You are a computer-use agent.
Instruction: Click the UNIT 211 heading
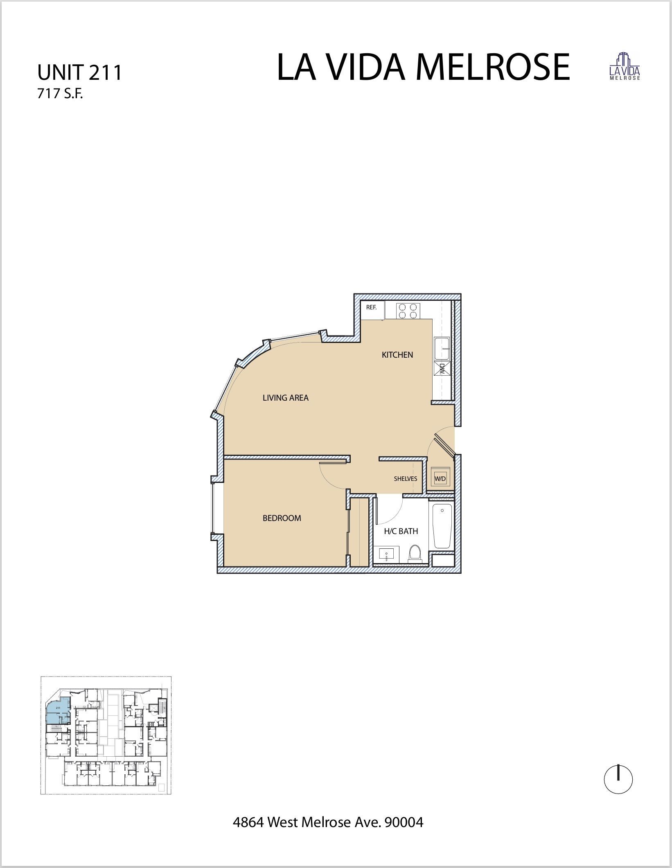click(x=80, y=73)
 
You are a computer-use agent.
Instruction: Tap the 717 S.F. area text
click(x=60, y=94)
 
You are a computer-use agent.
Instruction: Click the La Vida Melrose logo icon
click(x=625, y=66)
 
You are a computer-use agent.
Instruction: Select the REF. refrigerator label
click(x=371, y=307)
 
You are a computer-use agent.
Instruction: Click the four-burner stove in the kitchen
click(x=408, y=310)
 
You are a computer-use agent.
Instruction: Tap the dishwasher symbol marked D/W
click(x=442, y=369)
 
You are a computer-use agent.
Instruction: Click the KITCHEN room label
click(x=397, y=355)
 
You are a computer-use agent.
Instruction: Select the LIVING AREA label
click(x=286, y=398)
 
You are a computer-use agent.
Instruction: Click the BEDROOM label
click(x=282, y=518)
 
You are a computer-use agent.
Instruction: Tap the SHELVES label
click(x=406, y=479)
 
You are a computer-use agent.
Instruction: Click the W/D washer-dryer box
click(x=440, y=478)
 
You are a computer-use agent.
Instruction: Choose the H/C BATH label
click(x=401, y=531)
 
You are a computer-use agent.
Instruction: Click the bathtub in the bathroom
click(x=442, y=526)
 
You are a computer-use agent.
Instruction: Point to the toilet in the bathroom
click(x=415, y=553)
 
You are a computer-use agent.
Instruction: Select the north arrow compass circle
click(x=618, y=780)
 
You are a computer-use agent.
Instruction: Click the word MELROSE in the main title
click(x=493, y=67)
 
